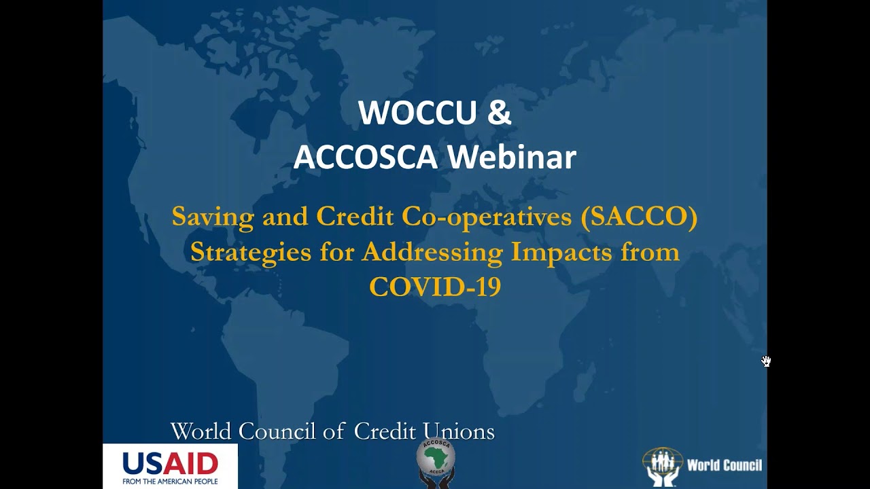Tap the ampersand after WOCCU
pyautogui.click(x=499, y=113)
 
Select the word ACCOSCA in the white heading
pyautogui.click(x=365, y=157)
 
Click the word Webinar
pyautogui.click(x=511, y=157)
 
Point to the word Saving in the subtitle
pyautogui.click(x=203, y=217)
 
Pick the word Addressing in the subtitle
pyautogui.click(x=432, y=252)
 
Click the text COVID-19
pyautogui.click(x=435, y=287)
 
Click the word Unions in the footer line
pyautogui.click(x=459, y=431)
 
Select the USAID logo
pyautogui.click(x=170, y=464)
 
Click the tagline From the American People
pyautogui.click(x=170, y=482)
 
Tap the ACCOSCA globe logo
pyautogui.click(x=436, y=462)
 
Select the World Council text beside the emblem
pyautogui.click(x=724, y=466)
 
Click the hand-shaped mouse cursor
pyautogui.click(x=766, y=361)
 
